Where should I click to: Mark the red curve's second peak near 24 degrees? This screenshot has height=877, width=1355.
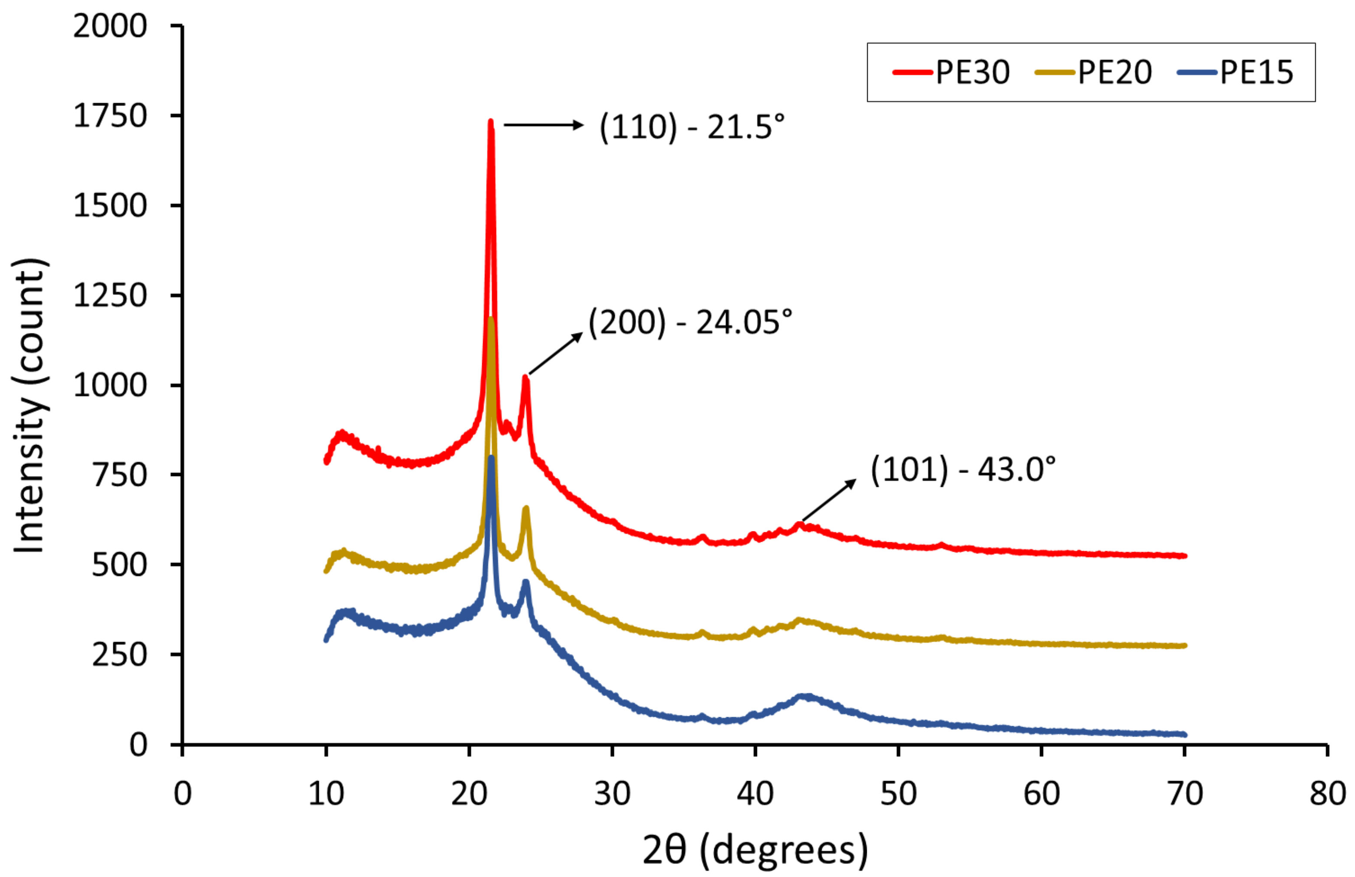tap(525, 377)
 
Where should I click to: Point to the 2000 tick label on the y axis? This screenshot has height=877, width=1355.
tap(110, 26)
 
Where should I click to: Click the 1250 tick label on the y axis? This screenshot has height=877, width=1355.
tap(110, 296)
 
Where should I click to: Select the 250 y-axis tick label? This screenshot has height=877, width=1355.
tap(119, 655)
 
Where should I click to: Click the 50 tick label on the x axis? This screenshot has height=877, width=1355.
tap(898, 793)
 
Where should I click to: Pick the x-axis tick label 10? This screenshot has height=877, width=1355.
tap(326, 793)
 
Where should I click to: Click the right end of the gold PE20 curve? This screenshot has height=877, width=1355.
tap(1184, 645)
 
